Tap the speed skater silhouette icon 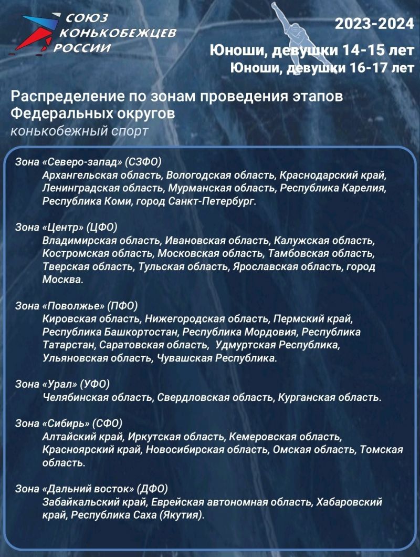tap(287, 32)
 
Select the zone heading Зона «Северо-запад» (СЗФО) tap(88, 161)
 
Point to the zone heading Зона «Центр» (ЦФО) tap(66, 227)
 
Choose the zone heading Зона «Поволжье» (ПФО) tap(77, 305)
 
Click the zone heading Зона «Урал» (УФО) tap(62, 384)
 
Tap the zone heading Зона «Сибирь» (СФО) tap(69, 423)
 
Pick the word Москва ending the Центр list tap(62, 280)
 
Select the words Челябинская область tap(97, 397)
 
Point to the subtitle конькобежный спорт tap(79, 131)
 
